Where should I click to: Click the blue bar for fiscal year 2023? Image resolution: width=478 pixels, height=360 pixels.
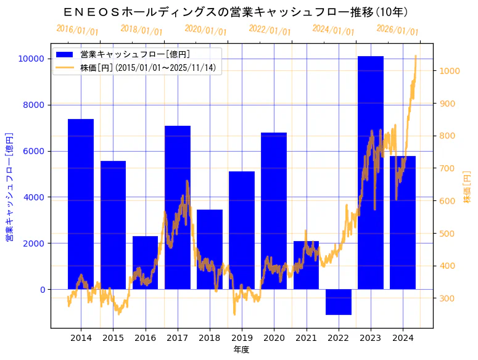371,173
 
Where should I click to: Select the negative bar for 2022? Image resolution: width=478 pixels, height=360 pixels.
339,301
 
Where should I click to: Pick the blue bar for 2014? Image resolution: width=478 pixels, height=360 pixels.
81,204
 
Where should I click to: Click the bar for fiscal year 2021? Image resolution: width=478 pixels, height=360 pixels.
306,265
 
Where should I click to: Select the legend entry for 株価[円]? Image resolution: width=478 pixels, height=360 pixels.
147,67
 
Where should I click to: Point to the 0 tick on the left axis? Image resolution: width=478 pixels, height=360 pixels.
41,290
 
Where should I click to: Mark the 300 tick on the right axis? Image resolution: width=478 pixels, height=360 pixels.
445,299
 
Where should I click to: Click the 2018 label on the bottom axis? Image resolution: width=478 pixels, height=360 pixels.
210,338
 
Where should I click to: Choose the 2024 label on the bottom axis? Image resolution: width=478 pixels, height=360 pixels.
403,338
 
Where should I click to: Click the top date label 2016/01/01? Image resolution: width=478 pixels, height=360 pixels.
77,30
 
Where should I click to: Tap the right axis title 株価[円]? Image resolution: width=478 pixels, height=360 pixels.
467,188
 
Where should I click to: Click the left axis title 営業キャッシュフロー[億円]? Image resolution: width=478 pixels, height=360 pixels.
9,186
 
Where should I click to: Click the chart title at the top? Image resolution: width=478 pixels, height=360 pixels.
237,12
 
